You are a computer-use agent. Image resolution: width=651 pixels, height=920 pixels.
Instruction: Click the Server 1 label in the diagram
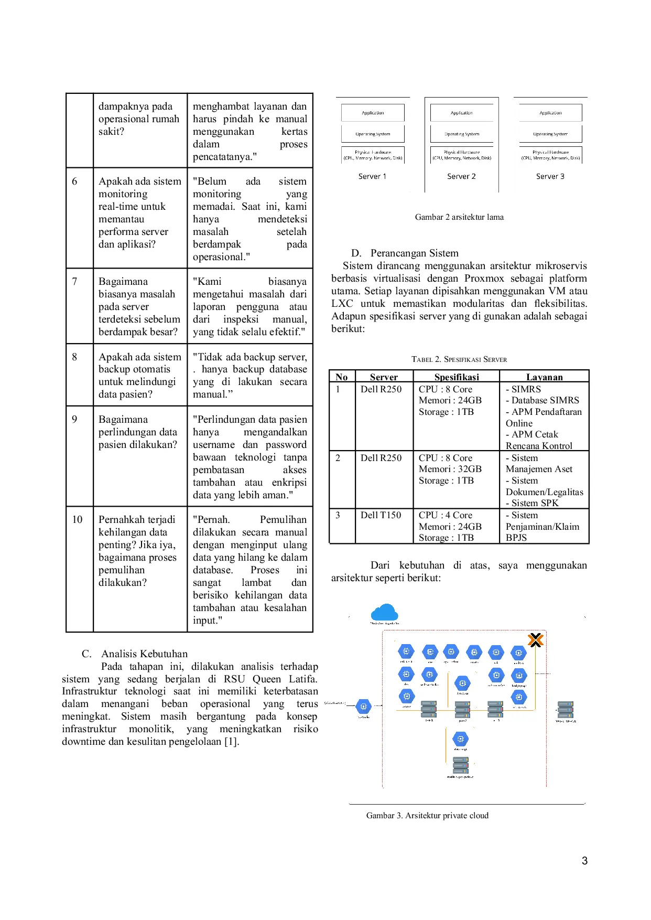pos(372,176)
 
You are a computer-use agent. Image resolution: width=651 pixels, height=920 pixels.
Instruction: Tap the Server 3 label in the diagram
pos(550,176)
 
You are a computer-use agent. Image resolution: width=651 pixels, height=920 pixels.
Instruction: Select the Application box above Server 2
pos(461,113)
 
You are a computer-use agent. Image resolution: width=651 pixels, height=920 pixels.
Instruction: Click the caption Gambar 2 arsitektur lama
pos(459,217)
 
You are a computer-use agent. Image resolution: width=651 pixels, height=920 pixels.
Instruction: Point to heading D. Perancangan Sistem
pos(405,253)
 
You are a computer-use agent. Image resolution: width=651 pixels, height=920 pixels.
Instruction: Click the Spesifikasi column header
pos(457,377)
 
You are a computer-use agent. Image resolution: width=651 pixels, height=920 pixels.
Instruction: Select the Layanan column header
pos(544,377)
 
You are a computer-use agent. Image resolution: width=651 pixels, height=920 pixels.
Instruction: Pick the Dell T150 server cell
pos(381,515)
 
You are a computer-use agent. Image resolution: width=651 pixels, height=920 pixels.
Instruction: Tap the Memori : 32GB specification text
pos(450,469)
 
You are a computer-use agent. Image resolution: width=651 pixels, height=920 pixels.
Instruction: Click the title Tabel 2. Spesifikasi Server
pos(459,359)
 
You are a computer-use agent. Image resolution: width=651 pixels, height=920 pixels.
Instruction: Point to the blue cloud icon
pos(384,612)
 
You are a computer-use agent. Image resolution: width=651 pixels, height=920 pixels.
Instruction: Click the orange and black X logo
pos(535,640)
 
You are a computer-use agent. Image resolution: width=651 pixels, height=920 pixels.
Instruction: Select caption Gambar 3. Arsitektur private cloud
pos(427,816)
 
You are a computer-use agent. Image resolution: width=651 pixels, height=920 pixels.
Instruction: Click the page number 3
pos(584,861)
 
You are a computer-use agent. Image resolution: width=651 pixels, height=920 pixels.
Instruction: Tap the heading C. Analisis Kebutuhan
pos(135,654)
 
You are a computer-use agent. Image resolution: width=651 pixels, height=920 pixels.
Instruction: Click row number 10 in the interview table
pos(77,520)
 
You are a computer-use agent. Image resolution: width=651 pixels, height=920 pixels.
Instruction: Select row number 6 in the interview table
pos(74,181)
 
